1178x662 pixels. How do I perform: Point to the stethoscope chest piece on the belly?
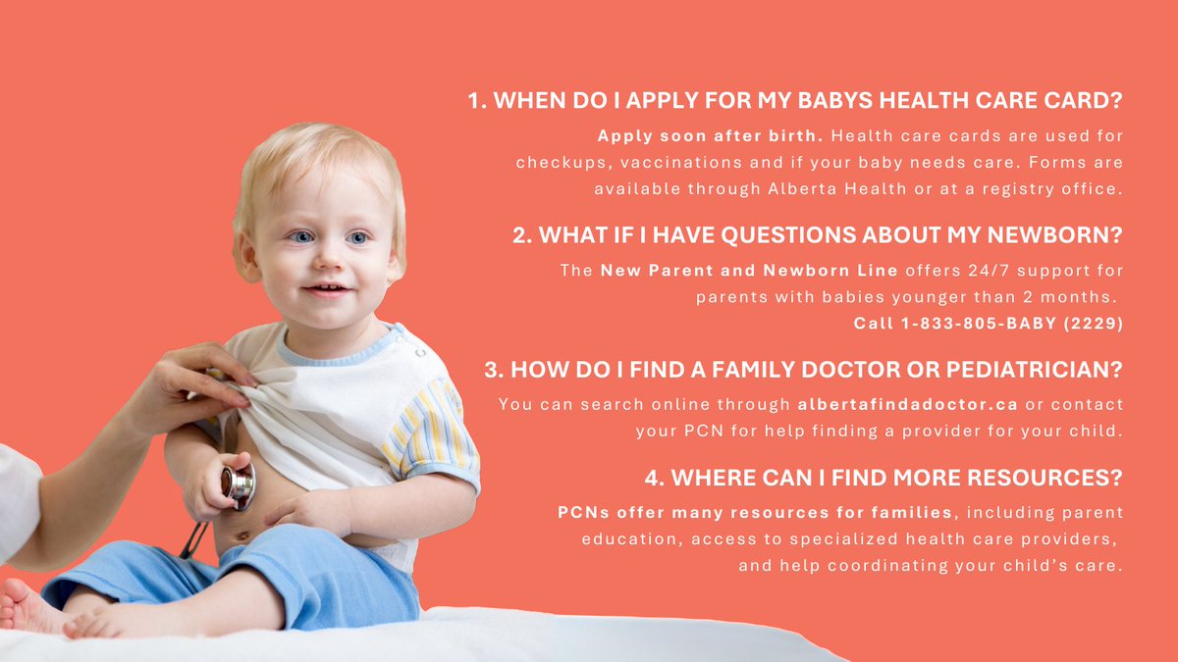point(238,484)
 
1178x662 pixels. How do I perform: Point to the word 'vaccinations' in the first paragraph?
point(668,162)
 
